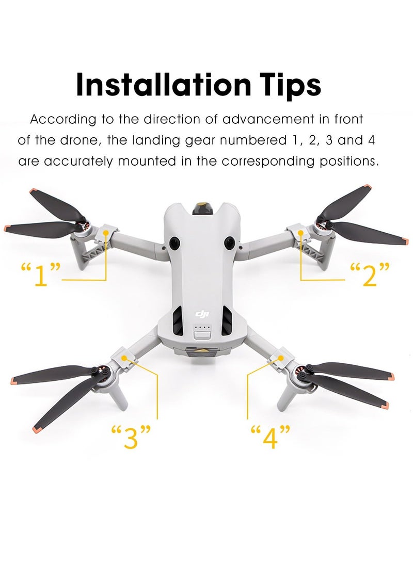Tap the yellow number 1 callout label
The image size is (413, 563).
tap(41, 274)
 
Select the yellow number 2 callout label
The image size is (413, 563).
tap(370, 274)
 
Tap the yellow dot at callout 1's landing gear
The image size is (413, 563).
tap(106, 233)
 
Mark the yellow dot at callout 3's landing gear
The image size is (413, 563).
tap(124, 356)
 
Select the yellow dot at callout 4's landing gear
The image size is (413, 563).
tap(281, 357)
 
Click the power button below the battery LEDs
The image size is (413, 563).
tap(201, 335)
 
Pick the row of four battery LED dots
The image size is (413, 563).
tap(201, 327)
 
